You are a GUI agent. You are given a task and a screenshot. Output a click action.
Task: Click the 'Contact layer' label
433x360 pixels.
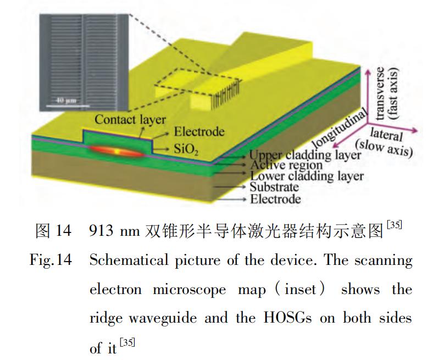[x=130, y=119]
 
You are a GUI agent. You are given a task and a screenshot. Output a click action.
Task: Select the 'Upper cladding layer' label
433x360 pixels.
[x=306, y=156]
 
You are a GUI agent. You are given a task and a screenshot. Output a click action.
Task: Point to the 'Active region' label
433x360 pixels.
[x=286, y=165]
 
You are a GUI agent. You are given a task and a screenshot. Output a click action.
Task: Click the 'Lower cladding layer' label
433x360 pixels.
[x=307, y=176]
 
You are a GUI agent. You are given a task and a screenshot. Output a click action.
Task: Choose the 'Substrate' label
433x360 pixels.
[x=275, y=187]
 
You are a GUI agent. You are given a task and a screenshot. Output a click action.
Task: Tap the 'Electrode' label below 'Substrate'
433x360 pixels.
[x=275, y=198]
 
